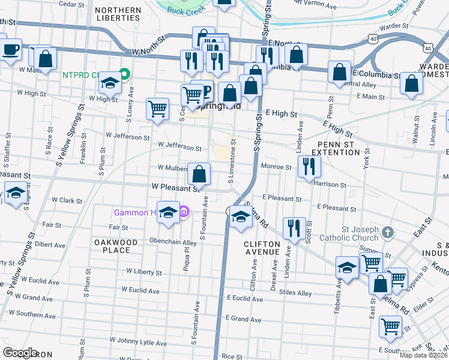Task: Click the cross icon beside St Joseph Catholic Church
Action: click(x=388, y=232)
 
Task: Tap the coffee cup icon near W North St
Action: click(x=11, y=49)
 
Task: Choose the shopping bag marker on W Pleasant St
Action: click(x=199, y=175)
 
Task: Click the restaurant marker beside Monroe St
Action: click(x=309, y=166)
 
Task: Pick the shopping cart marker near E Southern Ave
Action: click(x=391, y=326)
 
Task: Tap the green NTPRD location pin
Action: click(x=124, y=75)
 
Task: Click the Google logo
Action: click(x=20, y=353)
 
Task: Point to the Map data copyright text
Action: click(x=423, y=355)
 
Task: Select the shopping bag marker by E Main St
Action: click(x=411, y=85)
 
